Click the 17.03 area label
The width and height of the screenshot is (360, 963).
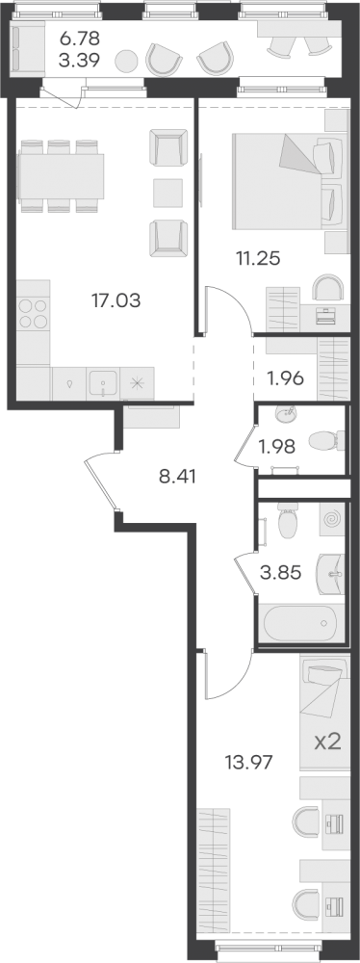tap(116, 300)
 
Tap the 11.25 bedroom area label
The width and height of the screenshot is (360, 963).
tap(258, 258)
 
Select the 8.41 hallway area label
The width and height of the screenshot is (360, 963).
tap(177, 476)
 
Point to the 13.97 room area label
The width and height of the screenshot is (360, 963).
tap(249, 763)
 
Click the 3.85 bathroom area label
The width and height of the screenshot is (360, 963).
tap(280, 573)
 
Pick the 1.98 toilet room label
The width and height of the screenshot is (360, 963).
tap(277, 446)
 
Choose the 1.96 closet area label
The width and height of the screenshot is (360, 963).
tap(285, 378)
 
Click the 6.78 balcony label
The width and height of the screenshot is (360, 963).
tap(79, 39)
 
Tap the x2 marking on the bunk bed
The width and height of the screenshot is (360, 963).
tap(327, 743)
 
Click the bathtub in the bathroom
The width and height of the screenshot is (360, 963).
tap(300, 623)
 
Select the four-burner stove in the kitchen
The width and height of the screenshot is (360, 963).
tap(33, 313)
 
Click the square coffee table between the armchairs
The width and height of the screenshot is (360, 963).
tap(167, 193)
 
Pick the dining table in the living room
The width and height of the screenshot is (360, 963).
tap(61, 176)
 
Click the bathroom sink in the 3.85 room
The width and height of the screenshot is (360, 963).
tap(331, 574)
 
